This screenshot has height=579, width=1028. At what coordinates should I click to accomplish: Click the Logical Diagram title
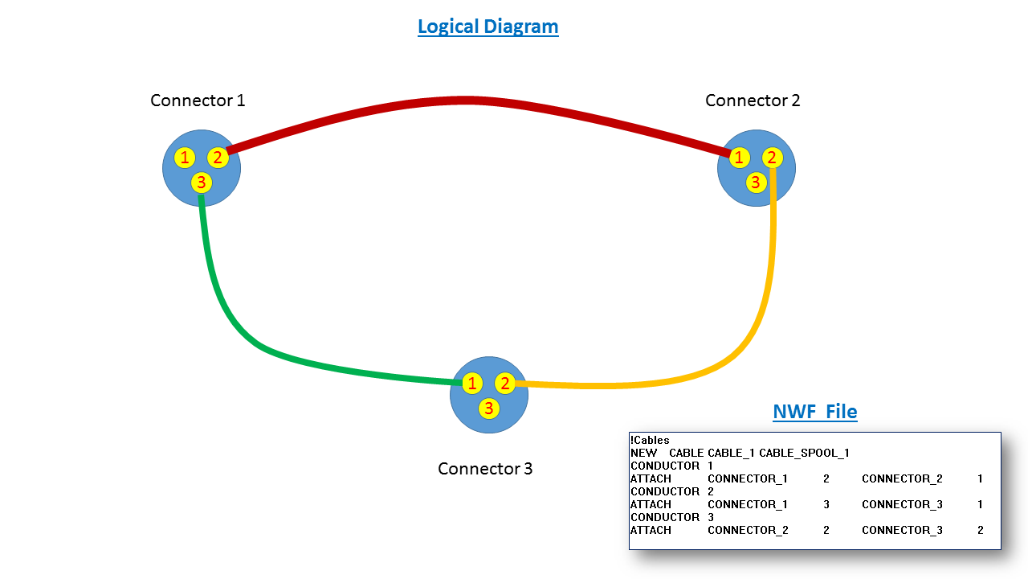tap(487, 27)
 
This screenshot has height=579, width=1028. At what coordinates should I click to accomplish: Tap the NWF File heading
tap(814, 412)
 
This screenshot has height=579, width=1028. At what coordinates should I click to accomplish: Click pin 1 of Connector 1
tap(186, 158)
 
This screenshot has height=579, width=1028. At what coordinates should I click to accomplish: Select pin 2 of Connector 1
tap(218, 158)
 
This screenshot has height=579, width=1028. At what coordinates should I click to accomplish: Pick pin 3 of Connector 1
tap(202, 183)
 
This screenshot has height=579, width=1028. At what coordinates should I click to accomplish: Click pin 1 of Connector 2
tap(739, 158)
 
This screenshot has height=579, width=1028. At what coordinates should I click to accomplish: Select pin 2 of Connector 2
tap(771, 158)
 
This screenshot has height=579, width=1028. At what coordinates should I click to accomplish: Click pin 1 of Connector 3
tap(473, 384)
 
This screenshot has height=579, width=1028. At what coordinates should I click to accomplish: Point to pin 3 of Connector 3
tap(488, 409)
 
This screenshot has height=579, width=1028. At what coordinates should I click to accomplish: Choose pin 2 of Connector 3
tap(505, 384)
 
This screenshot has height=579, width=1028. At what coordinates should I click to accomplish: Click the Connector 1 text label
tap(198, 101)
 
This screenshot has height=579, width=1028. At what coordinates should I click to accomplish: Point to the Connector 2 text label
tap(753, 101)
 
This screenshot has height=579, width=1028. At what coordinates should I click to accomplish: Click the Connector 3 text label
tap(485, 468)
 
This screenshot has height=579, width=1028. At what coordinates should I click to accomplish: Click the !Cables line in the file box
tap(650, 440)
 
